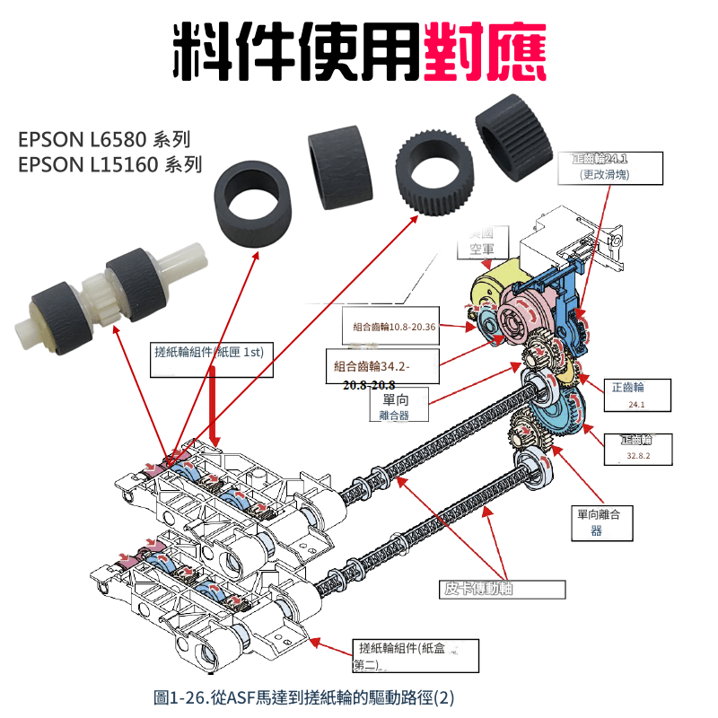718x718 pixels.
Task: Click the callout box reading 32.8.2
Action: (640, 448)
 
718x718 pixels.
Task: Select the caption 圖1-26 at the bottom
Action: (305, 696)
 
